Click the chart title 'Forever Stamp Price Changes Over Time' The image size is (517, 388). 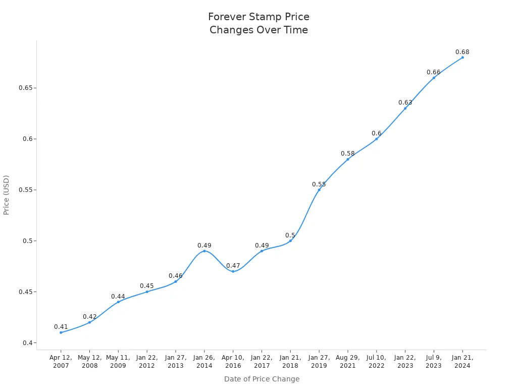258,23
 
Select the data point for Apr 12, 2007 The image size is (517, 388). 61,332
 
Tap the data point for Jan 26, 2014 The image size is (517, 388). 204,251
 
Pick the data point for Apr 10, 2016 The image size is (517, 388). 233,271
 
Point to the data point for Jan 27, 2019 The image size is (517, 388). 319,189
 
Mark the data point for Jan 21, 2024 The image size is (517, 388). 462,57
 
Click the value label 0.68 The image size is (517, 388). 462,52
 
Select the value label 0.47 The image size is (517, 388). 233,266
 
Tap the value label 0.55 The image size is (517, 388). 319,184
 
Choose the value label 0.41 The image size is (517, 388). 61,327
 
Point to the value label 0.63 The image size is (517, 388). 405,103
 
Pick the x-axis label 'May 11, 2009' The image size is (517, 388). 118,362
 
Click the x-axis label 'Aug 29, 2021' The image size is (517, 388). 347,362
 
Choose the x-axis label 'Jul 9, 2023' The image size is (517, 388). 434,362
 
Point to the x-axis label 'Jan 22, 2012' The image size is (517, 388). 147,362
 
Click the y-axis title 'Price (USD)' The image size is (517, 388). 7,195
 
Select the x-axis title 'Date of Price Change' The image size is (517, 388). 262,379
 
